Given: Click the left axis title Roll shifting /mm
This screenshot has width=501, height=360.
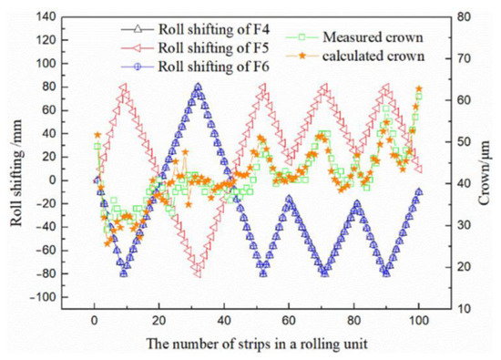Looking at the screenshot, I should tap(13, 164).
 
